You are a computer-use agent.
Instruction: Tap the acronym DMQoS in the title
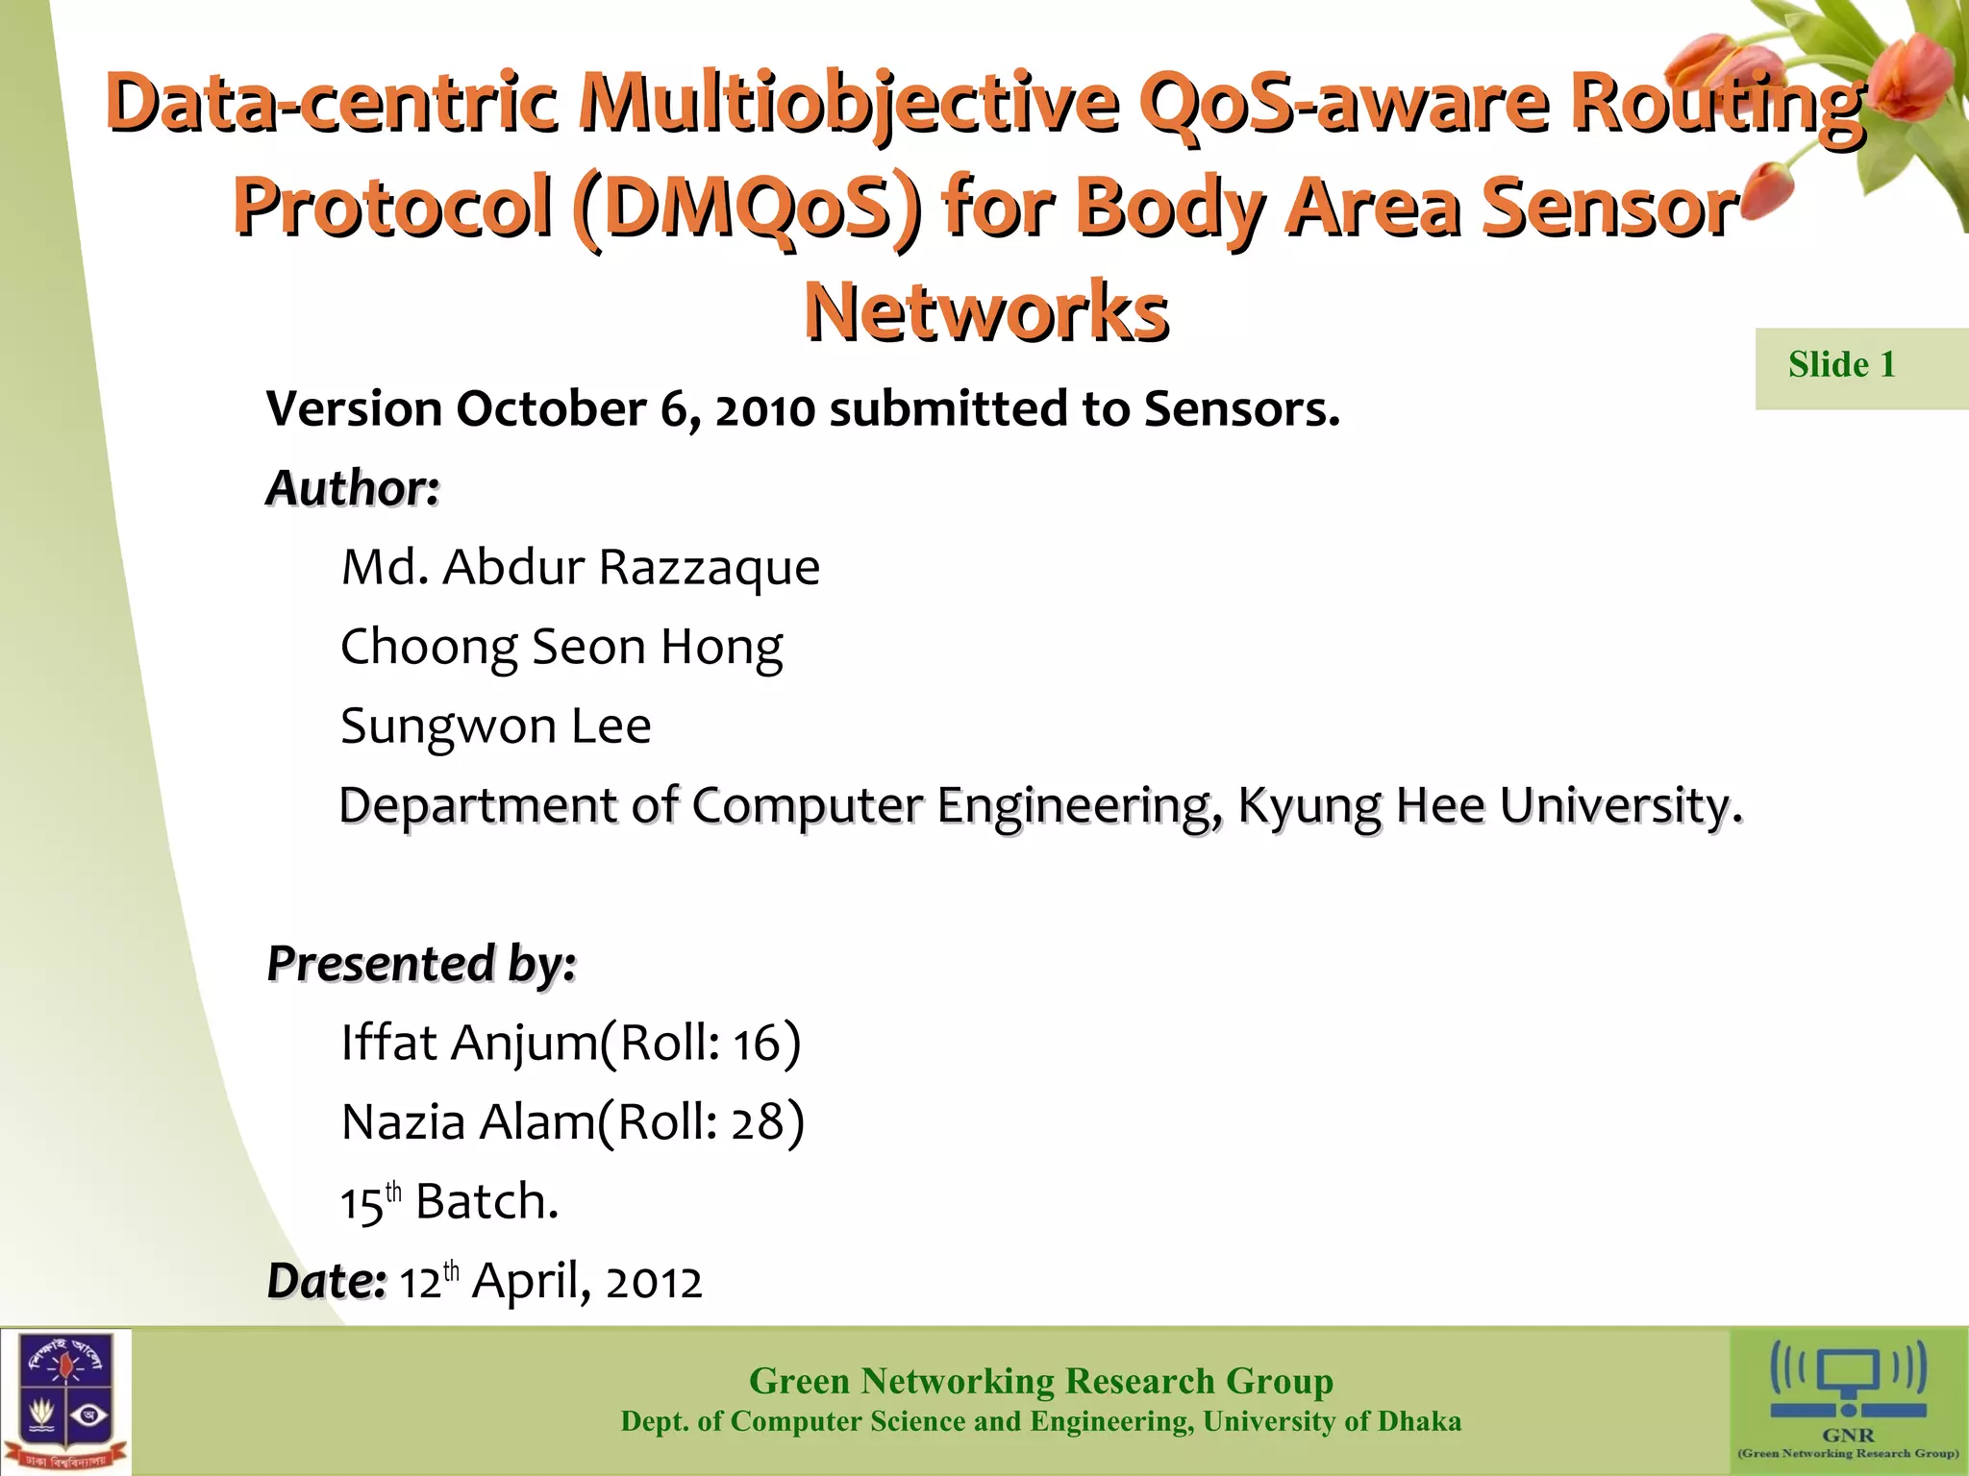click(x=746, y=208)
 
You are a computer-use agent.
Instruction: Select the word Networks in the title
click(x=986, y=312)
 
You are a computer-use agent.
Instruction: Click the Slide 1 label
click(x=1841, y=365)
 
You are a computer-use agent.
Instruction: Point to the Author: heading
click(x=353, y=488)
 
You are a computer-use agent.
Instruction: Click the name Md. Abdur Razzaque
click(x=580, y=567)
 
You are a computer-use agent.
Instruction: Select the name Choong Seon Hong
click(x=561, y=647)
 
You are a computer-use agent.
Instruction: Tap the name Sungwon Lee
click(x=495, y=726)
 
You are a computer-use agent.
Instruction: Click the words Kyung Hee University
click(x=1488, y=805)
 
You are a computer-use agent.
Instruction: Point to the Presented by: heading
click(x=421, y=963)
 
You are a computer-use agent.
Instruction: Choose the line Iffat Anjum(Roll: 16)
click(x=570, y=1043)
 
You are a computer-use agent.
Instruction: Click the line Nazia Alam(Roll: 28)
click(x=572, y=1121)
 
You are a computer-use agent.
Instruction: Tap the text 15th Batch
click(x=449, y=1201)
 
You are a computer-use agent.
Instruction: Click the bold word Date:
click(x=326, y=1281)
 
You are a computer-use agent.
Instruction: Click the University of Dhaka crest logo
click(x=65, y=1401)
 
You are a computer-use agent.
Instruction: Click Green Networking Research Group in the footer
click(x=1040, y=1381)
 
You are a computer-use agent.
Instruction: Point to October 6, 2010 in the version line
click(x=636, y=409)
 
